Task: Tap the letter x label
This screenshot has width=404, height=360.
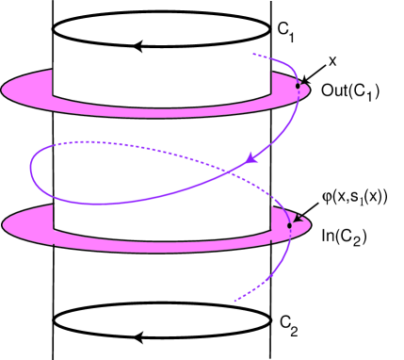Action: [x=332, y=59]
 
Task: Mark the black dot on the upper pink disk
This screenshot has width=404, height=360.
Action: [x=298, y=86]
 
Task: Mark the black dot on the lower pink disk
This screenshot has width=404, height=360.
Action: [x=288, y=223]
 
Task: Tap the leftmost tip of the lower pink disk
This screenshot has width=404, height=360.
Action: [x=4, y=224]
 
